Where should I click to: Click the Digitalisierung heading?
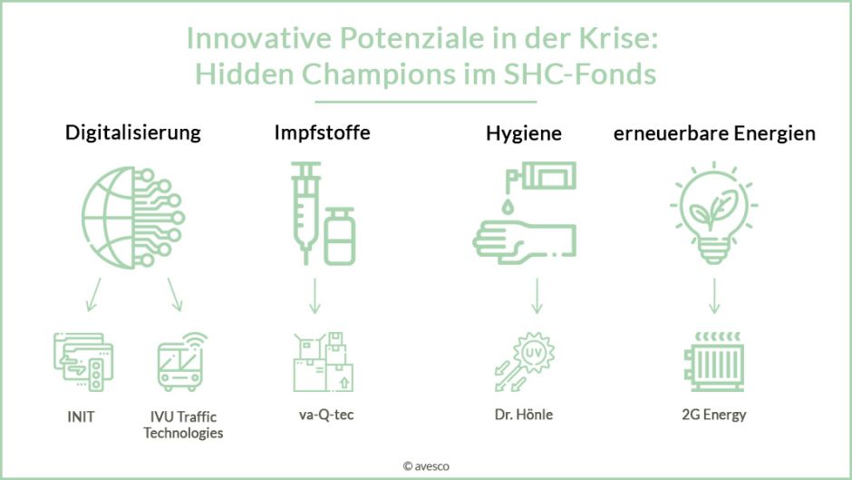132,133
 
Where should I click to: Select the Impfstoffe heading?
323,133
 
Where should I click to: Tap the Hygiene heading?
524,133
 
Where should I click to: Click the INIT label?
80,417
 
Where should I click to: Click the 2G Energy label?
715,416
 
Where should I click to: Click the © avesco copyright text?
426,465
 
